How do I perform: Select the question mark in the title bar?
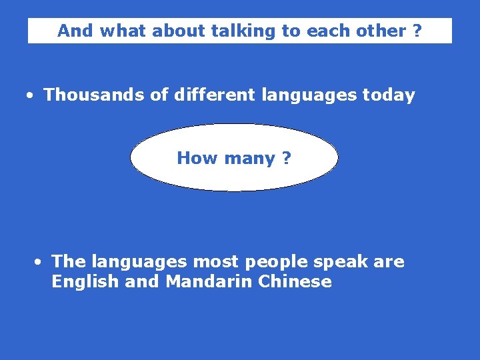(417, 31)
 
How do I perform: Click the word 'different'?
(214, 95)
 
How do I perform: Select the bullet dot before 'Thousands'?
(31, 95)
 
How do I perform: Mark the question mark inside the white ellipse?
(286, 158)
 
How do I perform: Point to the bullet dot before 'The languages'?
(39, 262)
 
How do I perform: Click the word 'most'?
(214, 261)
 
